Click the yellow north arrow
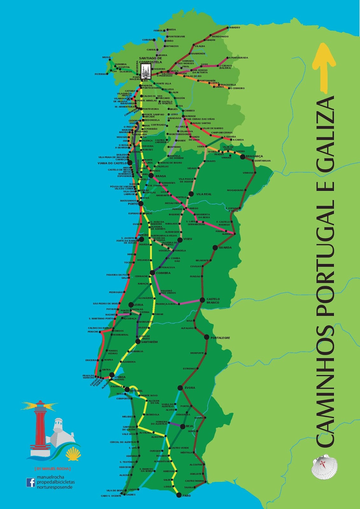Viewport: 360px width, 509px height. (324, 67)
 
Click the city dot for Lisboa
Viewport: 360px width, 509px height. (112, 375)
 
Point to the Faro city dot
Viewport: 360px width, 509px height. (178, 495)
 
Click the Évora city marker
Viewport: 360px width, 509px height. (180, 387)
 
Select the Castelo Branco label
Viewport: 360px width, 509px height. (213, 301)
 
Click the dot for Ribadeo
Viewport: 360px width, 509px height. (228, 28)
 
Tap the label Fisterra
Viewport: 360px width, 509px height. (100, 74)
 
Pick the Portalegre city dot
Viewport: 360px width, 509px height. (207, 337)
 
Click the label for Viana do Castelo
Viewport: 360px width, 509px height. (112, 163)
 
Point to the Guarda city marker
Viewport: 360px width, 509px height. (215, 248)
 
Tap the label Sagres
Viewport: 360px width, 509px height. (131, 495)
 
